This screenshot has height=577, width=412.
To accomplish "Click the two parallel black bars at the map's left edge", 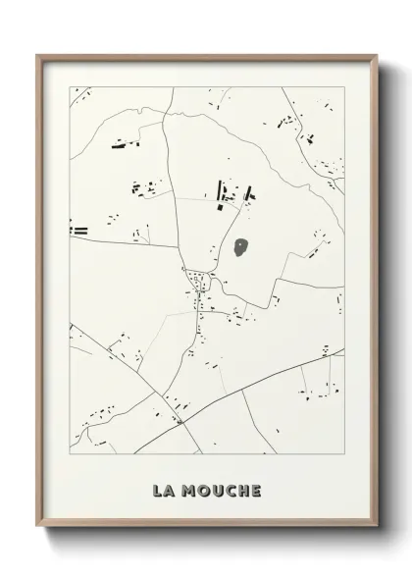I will pos(78,231).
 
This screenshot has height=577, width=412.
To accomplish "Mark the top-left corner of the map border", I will pos(70,87).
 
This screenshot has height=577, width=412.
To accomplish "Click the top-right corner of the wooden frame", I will pos(378,56).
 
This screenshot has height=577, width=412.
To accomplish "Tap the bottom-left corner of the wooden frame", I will pos(36,527).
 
